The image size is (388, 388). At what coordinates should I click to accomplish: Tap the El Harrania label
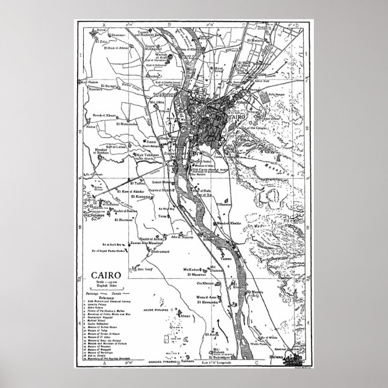pyautogui.click(x=122, y=219)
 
